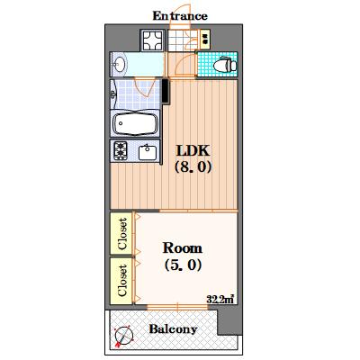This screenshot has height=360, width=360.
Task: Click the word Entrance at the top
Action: (180, 16)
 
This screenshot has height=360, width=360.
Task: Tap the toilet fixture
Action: (225, 64)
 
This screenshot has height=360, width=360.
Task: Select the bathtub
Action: (135, 123)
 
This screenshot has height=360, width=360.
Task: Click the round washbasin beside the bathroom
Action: (120, 64)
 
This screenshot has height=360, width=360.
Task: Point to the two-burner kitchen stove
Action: (121, 150)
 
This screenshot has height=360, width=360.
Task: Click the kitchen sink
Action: (148, 152)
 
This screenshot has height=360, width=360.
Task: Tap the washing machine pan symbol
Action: (152, 40)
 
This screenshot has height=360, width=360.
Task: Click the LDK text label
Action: (193, 150)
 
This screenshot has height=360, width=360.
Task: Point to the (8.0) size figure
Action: (193, 166)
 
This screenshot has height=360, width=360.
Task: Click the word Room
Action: (183, 248)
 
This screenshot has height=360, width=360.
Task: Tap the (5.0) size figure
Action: (183, 265)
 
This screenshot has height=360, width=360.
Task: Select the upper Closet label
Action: (121, 234)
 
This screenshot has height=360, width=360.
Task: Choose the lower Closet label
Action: (121, 280)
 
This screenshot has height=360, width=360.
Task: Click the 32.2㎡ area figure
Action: (220, 299)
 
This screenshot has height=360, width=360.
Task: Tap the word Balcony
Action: (173, 329)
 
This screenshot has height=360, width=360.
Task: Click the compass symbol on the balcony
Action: (123, 336)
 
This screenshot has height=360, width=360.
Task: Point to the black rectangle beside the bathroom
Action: (166, 91)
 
